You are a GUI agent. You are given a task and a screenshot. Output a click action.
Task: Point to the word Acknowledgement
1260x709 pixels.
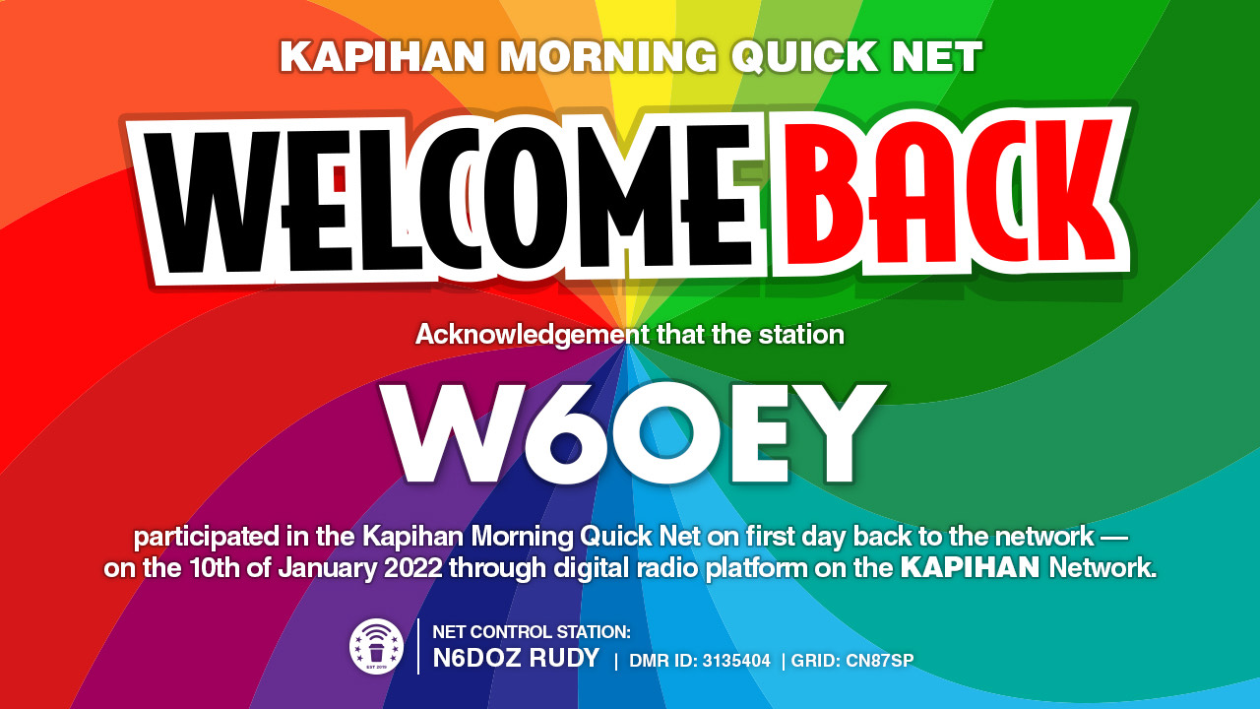tap(533, 335)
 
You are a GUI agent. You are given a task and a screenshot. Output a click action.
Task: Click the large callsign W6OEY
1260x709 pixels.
tap(632, 434)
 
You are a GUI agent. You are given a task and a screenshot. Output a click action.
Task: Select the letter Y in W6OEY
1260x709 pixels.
tap(840, 434)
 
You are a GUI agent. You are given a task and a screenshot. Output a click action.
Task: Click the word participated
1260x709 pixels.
tap(206, 538)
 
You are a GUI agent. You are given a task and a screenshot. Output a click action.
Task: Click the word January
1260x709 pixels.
tap(327, 568)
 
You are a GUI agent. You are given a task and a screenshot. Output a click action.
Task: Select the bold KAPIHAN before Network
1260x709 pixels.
tap(970, 567)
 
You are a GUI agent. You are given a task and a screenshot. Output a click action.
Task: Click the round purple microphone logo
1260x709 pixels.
tap(376, 647)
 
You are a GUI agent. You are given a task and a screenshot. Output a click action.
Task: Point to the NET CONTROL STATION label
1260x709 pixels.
tap(532, 632)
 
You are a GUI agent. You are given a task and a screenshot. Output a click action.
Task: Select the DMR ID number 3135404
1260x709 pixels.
tap(736, 661)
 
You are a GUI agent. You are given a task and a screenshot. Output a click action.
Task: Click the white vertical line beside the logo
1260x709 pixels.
tap(418, 647)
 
